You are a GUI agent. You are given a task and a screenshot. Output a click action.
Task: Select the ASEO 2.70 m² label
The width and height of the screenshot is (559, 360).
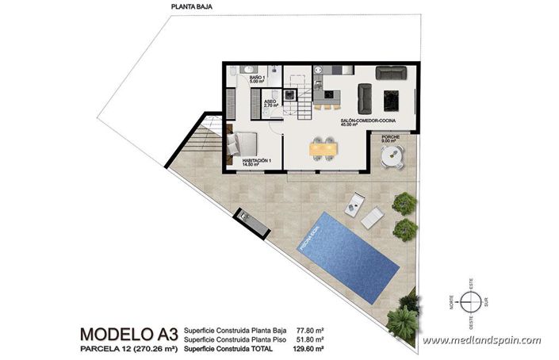(270, 103)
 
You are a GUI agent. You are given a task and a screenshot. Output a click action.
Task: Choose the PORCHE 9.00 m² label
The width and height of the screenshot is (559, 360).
(390, 140)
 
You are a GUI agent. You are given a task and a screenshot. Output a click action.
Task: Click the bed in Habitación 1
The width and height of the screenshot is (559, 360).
(243, 144)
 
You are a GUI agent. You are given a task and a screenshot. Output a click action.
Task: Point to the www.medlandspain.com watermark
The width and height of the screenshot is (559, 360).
(481, 341)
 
